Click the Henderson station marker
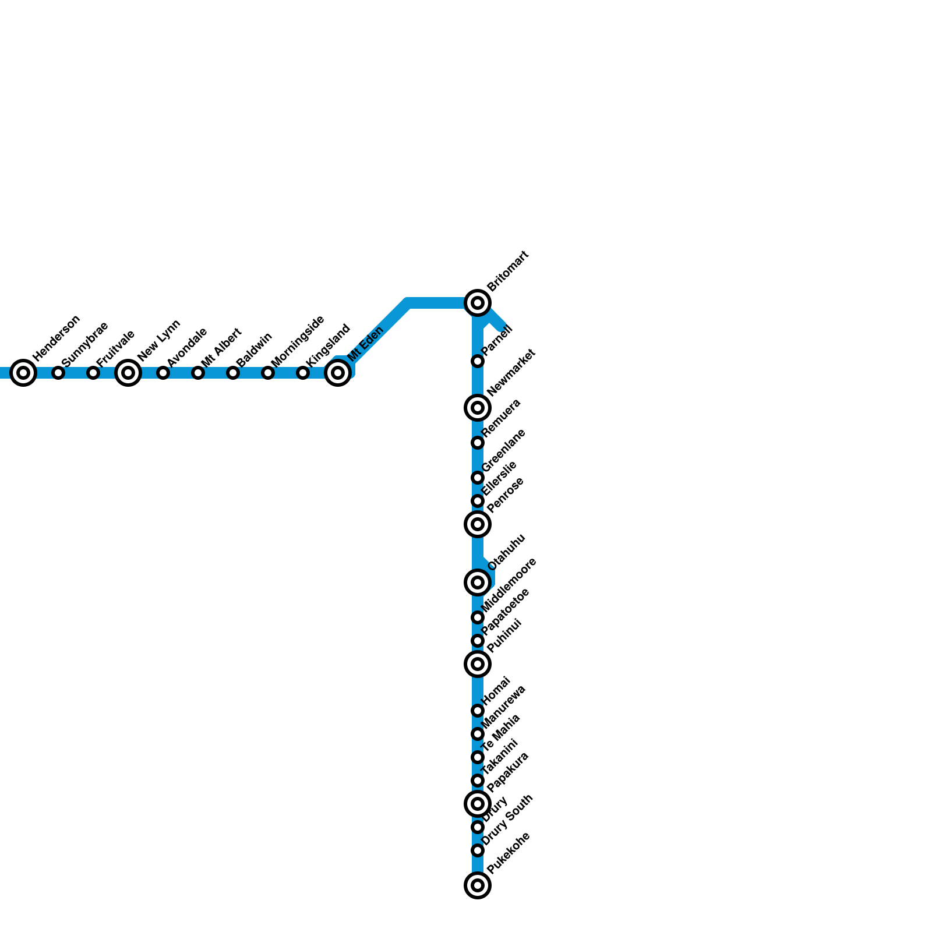(23, 373)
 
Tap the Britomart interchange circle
(478, 303)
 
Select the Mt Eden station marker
(338, 373)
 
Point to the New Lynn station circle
(128, 373)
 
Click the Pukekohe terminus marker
(478, 885)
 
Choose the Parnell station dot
(478, 361)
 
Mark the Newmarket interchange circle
(478, 408)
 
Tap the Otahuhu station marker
(478, 582)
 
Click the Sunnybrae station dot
(58, 373)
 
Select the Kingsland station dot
(303, 373)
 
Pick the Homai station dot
(478, 711)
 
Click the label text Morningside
(298, 341)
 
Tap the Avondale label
(187, 347)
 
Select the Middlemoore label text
(509, 585)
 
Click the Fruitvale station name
(116, 348)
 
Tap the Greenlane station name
(504, 450)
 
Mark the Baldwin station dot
(233, 373)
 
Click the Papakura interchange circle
(478, 804)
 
